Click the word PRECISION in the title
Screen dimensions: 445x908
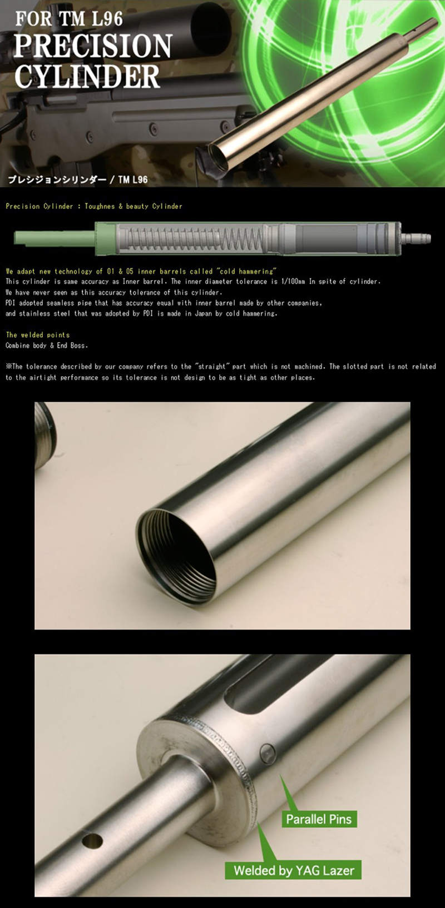(x=93, y=46)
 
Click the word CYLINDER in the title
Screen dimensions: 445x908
(x=87, y=76)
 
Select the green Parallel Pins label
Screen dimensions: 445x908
(x=319, y=819)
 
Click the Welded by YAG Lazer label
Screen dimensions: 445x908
(x=293, y=870)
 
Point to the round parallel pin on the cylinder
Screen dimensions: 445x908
(x=267, y=754)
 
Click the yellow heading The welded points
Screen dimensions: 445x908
(x=38, y=335)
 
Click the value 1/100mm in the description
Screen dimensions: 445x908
(x=293, y=281)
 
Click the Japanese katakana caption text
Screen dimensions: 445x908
(x=57, y=179)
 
